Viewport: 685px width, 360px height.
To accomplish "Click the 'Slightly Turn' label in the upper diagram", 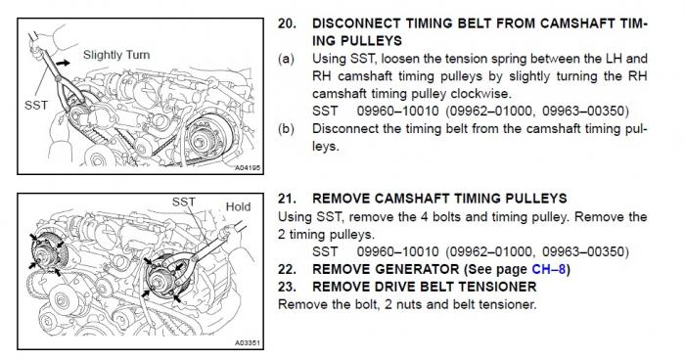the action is (116, 55).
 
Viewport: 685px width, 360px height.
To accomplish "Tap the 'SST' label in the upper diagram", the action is (36, 106).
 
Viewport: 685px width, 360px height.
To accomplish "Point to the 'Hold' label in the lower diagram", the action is (238, 206).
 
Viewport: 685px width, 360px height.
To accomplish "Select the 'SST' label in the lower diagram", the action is (184, 202).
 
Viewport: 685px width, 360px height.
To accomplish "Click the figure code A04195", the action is (248, 167).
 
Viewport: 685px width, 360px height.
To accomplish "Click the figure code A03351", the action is (248, 343).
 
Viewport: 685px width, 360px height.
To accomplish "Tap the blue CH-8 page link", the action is (549, 269).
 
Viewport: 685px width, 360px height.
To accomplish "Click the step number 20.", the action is (287, 23).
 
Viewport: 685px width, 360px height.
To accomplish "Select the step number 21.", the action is (287, 199).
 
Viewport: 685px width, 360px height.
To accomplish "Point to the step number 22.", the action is (287, 269).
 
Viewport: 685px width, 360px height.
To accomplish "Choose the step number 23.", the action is (287, 287).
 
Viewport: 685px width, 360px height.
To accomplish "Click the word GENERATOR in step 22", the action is (418, 269).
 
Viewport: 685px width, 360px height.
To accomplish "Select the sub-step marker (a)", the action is (286, 59).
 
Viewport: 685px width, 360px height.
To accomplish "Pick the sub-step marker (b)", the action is (286, 129).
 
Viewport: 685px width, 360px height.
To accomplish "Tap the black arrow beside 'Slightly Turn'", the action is (63, 64).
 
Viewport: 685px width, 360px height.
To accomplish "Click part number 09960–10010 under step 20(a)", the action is (397, 112).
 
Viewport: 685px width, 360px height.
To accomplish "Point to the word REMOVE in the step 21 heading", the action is (342, 199).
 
